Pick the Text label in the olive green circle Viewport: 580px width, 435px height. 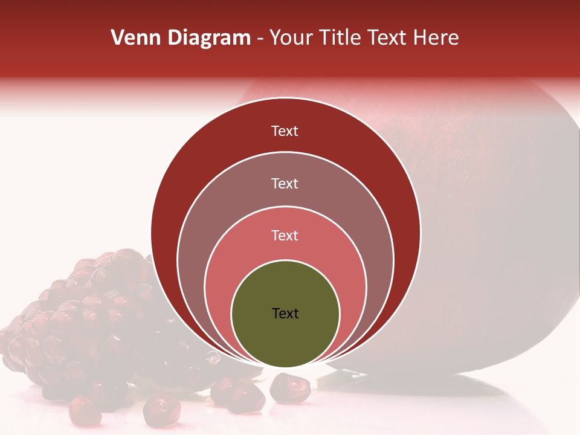coord(285,314)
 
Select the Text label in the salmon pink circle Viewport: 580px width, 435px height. coord(285,236)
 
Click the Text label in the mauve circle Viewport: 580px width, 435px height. coord(285,183)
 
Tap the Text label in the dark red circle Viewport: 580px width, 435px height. coord(285,131)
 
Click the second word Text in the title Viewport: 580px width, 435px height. coord(389,38)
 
